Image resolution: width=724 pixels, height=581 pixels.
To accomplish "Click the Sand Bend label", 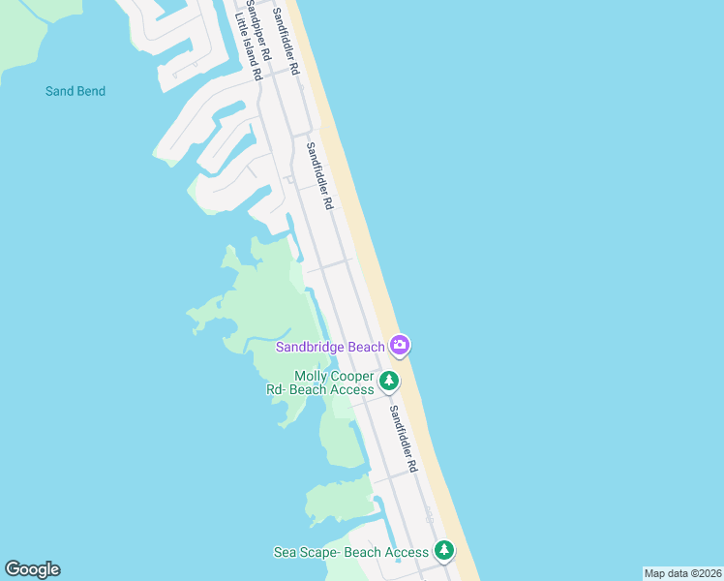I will tap(75, 91).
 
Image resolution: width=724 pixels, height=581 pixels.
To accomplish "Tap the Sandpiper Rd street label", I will tap(251, 29).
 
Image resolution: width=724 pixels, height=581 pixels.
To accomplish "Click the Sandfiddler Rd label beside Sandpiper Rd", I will tap(286, 41).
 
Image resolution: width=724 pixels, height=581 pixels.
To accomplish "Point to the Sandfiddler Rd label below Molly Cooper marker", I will tap(403, 438).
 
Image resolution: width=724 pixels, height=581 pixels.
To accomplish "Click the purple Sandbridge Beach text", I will tap(331, 346).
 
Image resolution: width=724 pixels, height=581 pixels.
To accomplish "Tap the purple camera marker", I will tap(400, 345).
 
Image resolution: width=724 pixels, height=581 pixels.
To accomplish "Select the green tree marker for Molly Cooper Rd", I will tap(388, 381).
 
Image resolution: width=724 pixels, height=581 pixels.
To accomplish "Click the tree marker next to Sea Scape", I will tap(443, 551).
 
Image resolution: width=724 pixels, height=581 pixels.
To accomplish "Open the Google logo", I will tap(32, 569).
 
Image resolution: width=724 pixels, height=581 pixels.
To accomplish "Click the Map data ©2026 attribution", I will tap(682, 573).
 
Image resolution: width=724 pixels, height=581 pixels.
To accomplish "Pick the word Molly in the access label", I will tap(312, 376).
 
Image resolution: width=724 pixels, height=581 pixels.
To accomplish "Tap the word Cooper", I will tap(352, 376).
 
